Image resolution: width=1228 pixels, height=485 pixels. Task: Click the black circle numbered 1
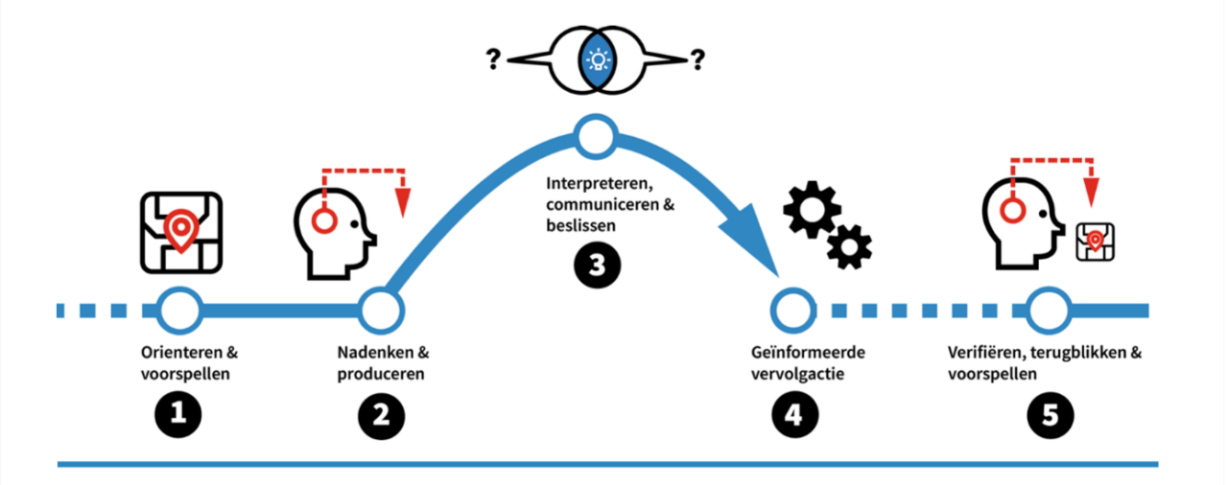tap(178, 414)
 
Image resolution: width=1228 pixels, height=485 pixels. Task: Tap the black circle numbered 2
tap(381, 414)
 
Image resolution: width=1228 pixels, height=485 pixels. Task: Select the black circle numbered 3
tap(598, 266)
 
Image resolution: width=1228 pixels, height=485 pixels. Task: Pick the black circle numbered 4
tap(795, 414)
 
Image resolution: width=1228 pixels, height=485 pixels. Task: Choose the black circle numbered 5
tap(1051, 414)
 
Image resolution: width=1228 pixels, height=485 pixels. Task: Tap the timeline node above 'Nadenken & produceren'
tap(381, 310)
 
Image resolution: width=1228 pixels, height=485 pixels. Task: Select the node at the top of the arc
tap(595, 138)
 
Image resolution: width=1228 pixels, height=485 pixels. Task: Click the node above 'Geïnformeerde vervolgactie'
tap(793, 310)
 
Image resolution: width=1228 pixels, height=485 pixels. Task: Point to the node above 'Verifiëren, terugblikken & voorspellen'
tap(1051, 310)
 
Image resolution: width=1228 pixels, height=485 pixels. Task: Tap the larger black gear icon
tap(812, 210)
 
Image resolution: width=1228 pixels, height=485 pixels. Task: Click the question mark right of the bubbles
tap(697, 60)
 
